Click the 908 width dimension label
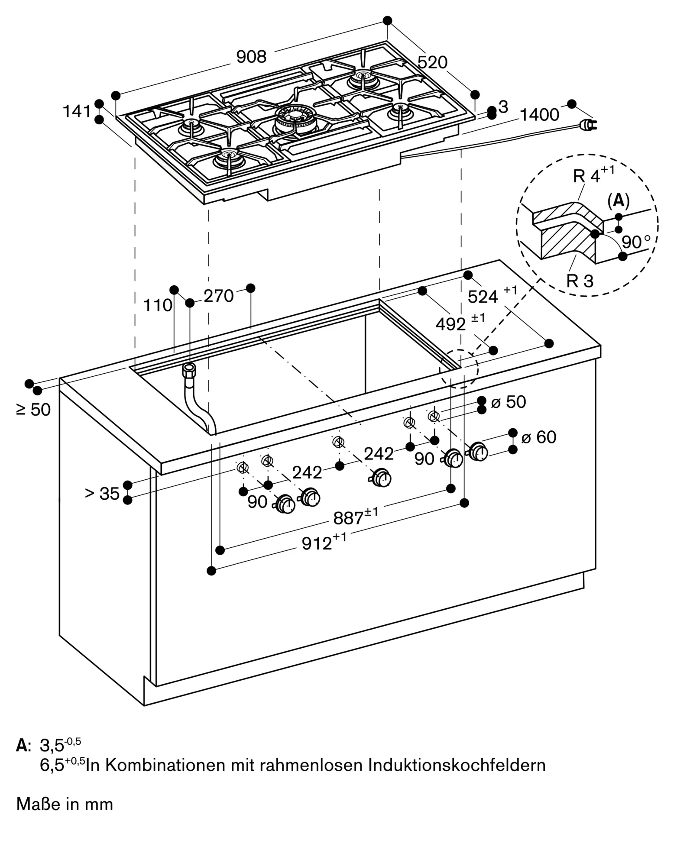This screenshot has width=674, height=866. point(251,57)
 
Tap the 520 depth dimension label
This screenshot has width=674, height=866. point(432,63)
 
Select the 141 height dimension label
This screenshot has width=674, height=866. point(77,112)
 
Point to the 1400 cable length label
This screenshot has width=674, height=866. point(539,115)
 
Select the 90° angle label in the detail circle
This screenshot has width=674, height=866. point(636,242)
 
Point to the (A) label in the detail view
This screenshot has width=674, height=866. point(618,200)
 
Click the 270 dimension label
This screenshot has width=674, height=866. point(218,296)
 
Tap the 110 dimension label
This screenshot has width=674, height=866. point(158,306)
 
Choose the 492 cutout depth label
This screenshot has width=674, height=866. point(451,324)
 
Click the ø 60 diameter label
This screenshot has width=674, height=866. point(539,437)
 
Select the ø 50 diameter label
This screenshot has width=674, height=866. point(509,402)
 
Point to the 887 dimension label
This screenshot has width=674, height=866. point(349,518)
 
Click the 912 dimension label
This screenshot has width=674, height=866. point(317,543)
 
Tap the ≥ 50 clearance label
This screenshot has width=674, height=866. point(33,410)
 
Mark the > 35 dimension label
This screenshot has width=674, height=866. point(102,493)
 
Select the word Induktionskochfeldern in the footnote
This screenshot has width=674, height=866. point(457,765)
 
